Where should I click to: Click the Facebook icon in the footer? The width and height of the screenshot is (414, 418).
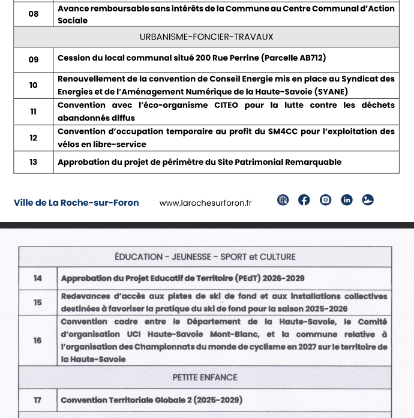click(x=304, y=200)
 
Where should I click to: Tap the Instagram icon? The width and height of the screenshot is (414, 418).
click(x=325, y=200)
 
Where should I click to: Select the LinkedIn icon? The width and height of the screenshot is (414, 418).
click(x=346, y=200)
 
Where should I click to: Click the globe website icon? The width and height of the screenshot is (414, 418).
click(x=283, y=200)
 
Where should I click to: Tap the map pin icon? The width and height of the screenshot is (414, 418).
click(x=368, y=200)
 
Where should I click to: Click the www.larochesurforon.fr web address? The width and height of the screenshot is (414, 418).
click(x=206, y=203)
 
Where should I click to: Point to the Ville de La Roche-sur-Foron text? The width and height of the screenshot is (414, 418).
click(x=76, y=203)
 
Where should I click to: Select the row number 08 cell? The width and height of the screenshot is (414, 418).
click(x=33, y=14)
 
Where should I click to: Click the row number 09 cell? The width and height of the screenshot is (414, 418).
click(x=33, y=59)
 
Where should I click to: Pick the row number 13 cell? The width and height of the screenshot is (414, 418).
click(x=33, y=162)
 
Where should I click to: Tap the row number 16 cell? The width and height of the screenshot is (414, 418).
click(x=38, y=340)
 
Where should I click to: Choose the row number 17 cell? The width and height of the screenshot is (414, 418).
click(x=38, y=400)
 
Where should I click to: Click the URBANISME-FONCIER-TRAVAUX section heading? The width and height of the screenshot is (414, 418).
click(x=206, y=37)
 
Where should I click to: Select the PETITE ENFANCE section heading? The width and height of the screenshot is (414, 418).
click(x=205, y=377)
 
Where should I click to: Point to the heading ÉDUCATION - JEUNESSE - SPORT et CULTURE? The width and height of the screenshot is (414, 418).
click(x=205, y=257)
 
